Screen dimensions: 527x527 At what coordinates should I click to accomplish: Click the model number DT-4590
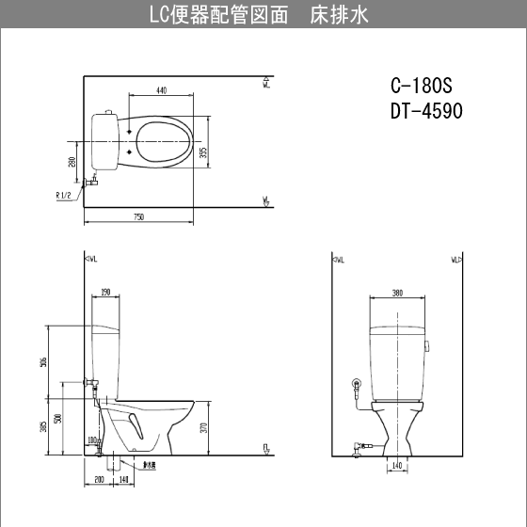425,110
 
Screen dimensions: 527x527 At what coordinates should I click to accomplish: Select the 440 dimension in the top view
161,91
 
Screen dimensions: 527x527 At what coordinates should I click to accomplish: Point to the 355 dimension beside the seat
204,152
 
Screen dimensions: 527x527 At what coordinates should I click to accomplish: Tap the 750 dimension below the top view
139,217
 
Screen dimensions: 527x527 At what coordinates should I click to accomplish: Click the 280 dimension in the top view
72,162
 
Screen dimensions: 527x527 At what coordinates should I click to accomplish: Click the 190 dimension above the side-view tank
105,293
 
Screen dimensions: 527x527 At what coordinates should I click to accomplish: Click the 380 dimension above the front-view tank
396,293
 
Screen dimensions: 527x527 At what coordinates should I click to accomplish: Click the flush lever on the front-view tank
429,345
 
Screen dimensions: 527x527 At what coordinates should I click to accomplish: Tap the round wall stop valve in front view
357,384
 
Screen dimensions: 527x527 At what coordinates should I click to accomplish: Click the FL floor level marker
266,448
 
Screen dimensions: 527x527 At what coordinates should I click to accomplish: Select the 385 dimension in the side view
44,427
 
